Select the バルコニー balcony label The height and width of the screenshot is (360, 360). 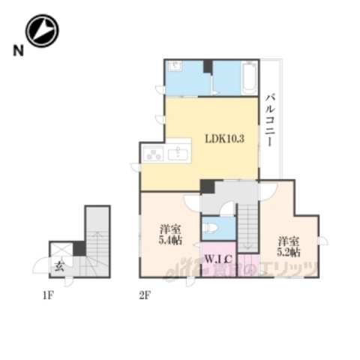(270, 120)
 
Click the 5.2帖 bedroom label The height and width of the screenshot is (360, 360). (289, 247)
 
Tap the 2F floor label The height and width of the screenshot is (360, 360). (144, 294)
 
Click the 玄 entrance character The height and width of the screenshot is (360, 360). (58, 265)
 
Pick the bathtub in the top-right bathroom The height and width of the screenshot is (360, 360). (248, 78)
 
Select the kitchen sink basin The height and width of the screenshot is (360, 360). (179, 154)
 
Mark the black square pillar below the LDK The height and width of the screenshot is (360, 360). (207, 187)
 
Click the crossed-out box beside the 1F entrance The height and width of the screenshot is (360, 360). (78, 249)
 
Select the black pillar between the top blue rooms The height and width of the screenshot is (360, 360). (207, 67)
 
